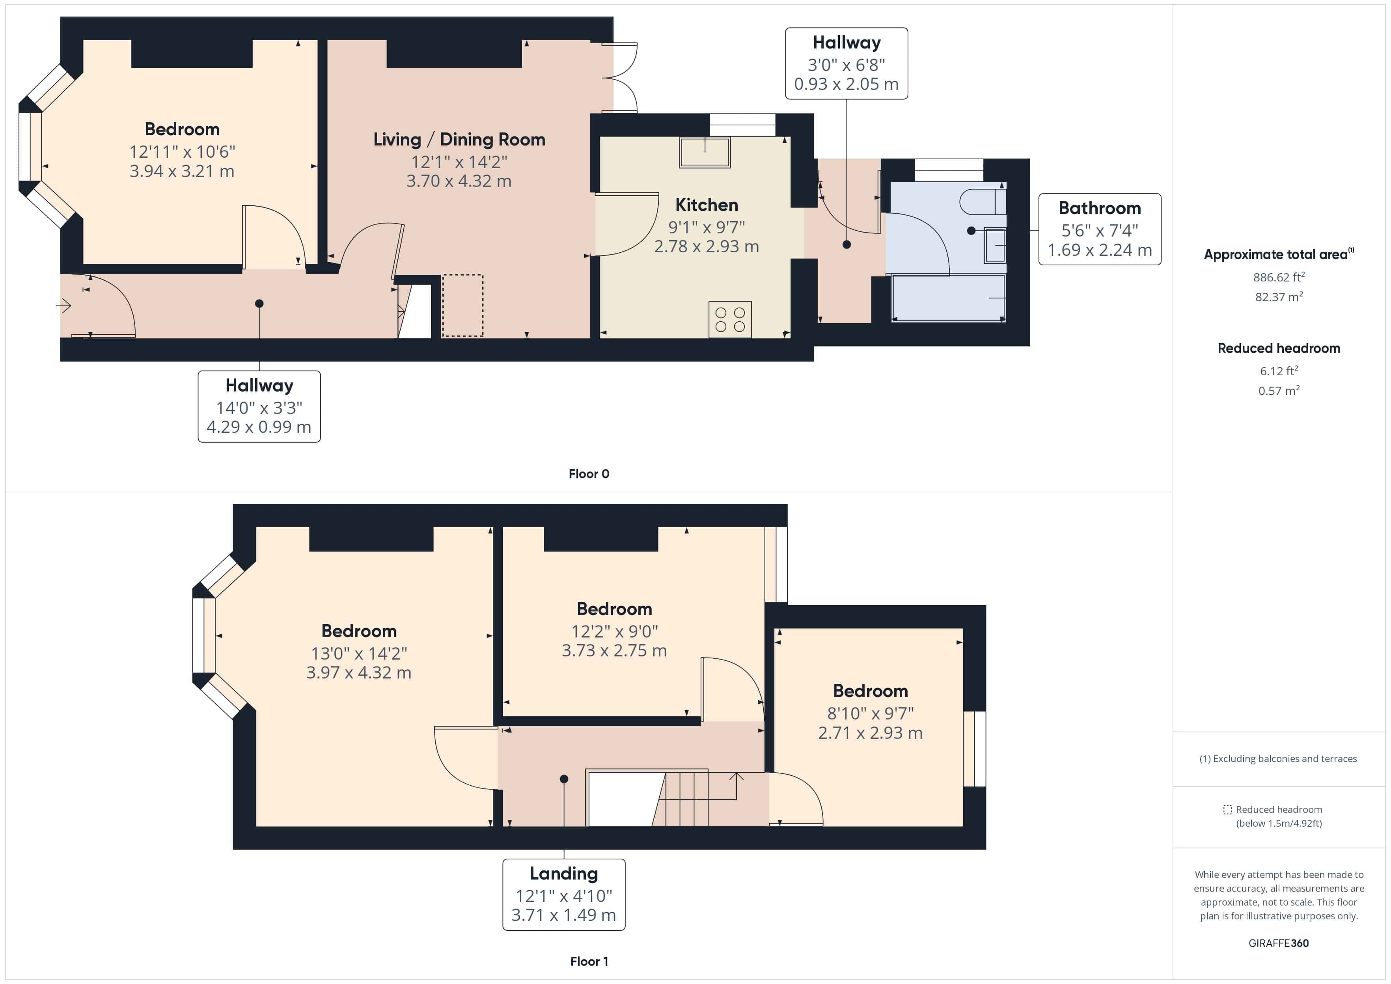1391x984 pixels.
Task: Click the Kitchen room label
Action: click(707, 205)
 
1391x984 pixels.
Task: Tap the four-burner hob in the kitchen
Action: click(730, 319)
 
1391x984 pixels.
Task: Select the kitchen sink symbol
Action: click(705, 152)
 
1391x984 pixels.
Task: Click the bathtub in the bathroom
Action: click(948, 298)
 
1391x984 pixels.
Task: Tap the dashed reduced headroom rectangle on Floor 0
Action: click(462, 306)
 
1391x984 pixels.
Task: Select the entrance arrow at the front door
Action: click(63, 306)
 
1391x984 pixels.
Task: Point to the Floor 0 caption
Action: click(588, 474)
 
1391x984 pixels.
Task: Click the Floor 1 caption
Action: click(588, 961)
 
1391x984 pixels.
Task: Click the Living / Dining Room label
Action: click(459, 139)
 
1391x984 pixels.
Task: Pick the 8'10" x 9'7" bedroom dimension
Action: click(870, 713)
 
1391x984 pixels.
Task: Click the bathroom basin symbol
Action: click(994, 245)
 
